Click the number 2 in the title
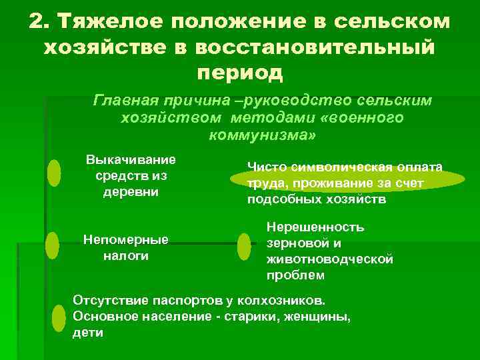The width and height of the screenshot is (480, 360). [37, 21]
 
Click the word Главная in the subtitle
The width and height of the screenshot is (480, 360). [125, 101]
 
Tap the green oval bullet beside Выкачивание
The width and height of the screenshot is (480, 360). [54, 173]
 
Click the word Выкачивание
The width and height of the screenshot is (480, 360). [131, 159]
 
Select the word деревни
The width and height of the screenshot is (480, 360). [131, 193]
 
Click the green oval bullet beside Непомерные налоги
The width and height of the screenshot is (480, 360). [52, 245]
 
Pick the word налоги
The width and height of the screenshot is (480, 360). [125, 256]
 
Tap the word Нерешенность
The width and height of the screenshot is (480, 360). [315, 227]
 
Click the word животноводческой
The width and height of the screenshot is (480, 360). [329, 259]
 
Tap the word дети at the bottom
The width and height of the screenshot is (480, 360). [87, 332]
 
